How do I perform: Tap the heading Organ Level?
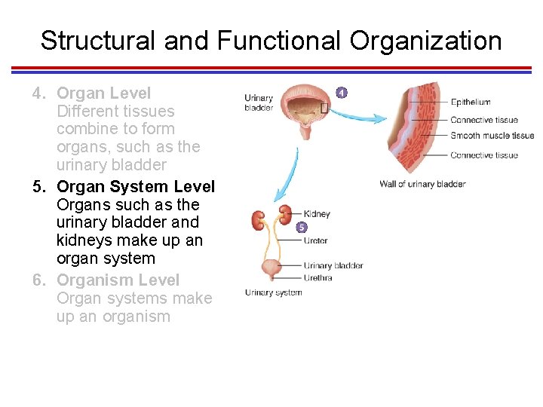click(104, 93)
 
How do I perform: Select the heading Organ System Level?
click(136, 186)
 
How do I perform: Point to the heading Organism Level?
click(118, 280)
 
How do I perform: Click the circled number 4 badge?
click(342, 93)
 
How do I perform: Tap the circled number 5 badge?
click(302, 227)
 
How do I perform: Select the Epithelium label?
click(471, 103)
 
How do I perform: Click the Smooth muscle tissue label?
click(492, 136)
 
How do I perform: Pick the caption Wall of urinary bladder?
click(422, 184)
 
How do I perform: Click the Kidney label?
click(317, 214)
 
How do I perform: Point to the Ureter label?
click(315, 241)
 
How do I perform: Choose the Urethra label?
click(318, 277)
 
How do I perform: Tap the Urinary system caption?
click(273, 293)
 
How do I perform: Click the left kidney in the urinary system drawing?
click(258, 220)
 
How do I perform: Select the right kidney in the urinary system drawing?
click(286, 213)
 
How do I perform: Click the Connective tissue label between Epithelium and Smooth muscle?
click(483, 120)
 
